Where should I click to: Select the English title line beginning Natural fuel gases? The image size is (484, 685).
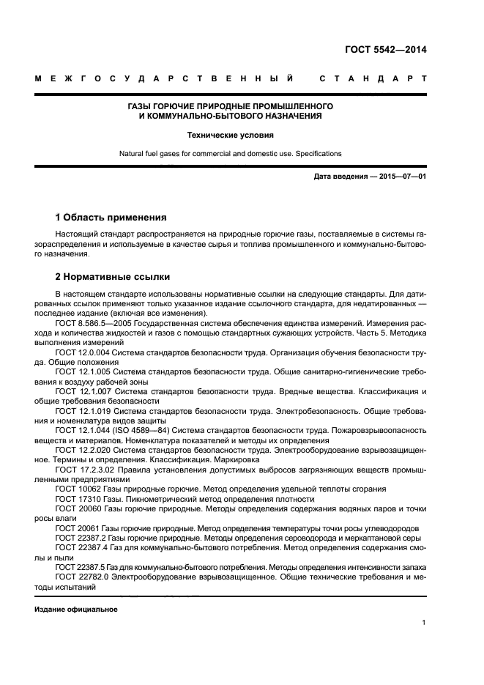[231, 154]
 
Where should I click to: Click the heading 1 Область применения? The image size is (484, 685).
[111, 218]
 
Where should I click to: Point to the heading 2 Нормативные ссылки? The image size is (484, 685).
[113, 277]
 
